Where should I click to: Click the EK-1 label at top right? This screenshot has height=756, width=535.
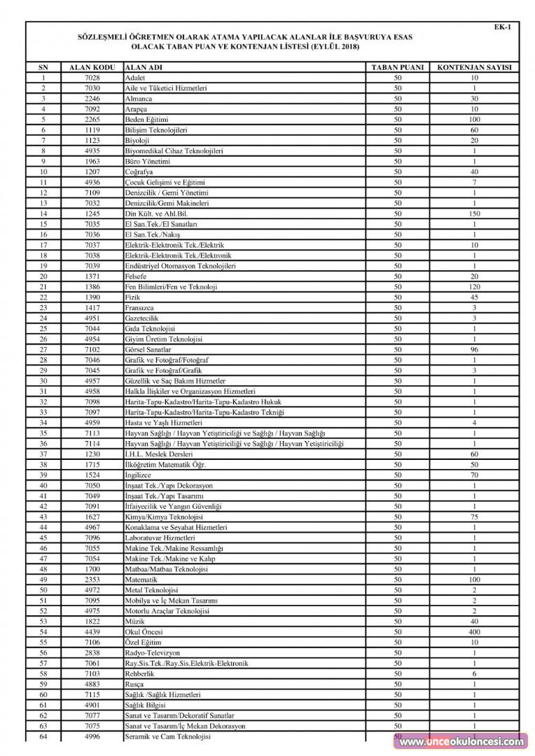tap(502, 27)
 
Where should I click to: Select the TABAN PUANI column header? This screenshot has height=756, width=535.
tap(398, 67)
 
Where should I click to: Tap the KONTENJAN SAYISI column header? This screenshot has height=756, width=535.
tap(474, 67)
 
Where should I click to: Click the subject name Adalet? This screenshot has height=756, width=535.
tap(135, 78)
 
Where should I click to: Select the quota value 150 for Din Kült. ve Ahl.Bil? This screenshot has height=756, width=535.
tap(474, 213)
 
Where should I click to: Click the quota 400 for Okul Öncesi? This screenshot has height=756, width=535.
tap(474, 631)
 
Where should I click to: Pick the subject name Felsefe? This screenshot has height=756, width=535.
tap(137, 276)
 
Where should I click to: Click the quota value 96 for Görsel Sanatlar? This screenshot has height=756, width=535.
tap(474, 349)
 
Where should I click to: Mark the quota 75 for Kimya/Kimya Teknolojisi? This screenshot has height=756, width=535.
tap(474, 517)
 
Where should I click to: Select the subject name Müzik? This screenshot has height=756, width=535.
tap(134, 621)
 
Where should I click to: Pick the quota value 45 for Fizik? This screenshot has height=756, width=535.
tap(474, 297)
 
